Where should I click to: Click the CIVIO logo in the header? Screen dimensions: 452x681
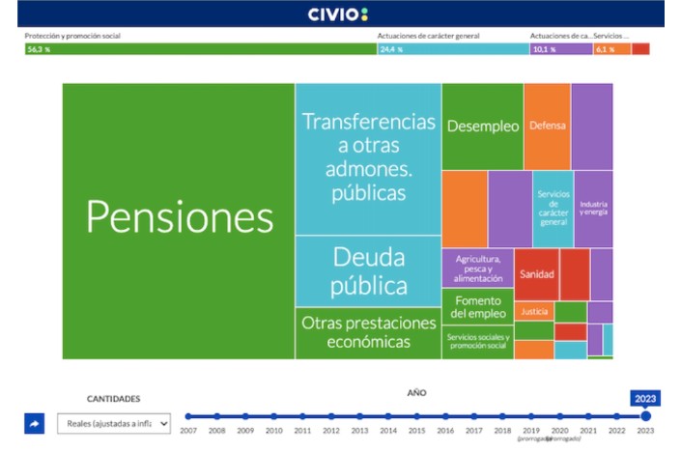(338, 14)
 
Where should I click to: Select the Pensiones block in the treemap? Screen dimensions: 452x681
(179, 218)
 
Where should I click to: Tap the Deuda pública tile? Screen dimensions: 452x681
(368, 271)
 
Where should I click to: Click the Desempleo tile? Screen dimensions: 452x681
(482, 127)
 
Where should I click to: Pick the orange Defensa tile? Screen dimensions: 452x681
(547, 126)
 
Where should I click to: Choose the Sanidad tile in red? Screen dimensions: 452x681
(536, 274)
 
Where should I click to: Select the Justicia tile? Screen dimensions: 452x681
(533, 311)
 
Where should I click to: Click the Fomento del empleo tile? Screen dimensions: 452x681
(478, 306)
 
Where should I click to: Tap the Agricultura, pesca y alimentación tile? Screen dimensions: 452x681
(477, 268)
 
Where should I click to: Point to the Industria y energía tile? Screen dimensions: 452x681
(593, 209)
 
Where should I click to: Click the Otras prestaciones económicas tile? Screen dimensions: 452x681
(368, 332)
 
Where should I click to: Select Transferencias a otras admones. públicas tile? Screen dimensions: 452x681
(368, 157)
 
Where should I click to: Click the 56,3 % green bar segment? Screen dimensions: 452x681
(200, 49)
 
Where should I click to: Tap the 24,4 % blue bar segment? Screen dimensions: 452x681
(452, 49)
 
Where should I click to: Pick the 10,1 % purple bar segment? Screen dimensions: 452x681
(560, 49)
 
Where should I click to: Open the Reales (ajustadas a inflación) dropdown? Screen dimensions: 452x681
(113, 423)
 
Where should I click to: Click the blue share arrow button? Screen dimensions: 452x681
(35, 423)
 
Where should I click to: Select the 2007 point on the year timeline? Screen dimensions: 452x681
(188, 416)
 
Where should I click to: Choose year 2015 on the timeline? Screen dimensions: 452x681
(416, 416)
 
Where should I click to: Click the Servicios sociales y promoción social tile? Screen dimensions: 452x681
(477, 341)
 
